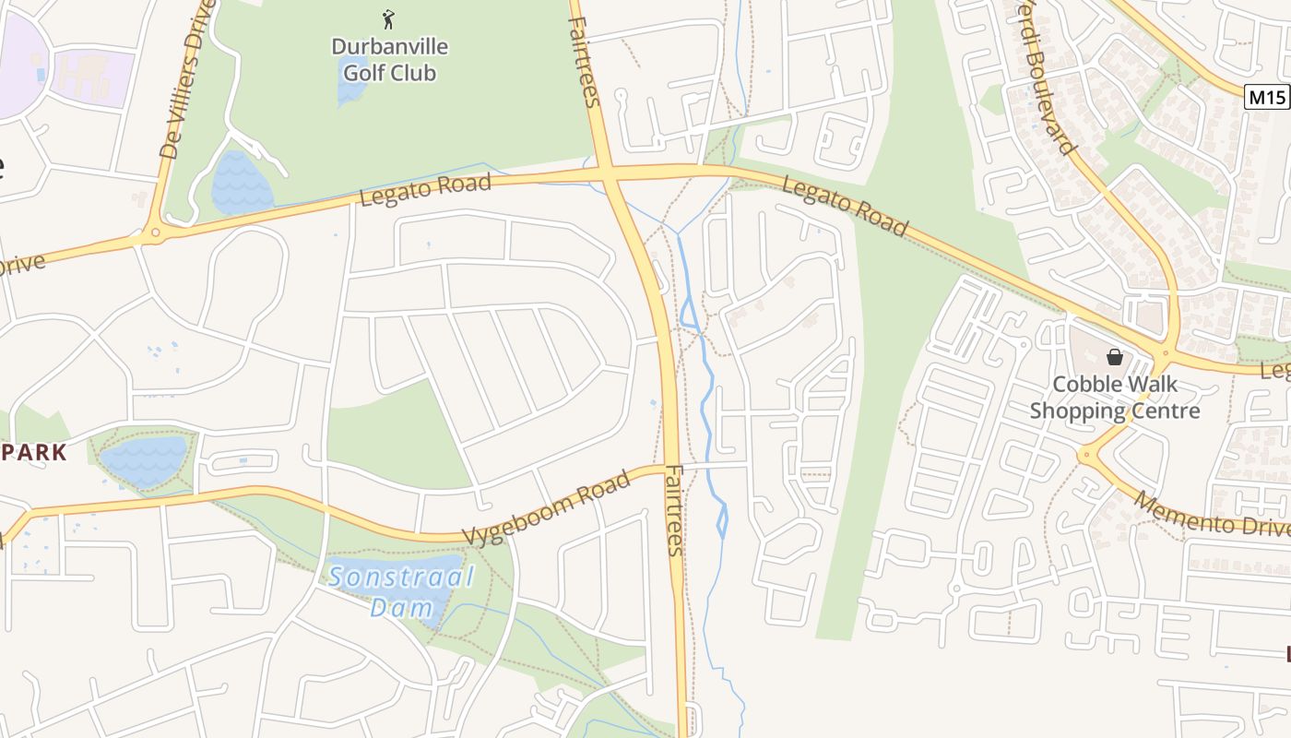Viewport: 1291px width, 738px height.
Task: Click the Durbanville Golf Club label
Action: tap(389, 59)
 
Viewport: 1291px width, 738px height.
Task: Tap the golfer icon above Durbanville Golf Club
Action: tap(388, 18)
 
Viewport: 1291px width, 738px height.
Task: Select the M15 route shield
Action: tap(1265, 97)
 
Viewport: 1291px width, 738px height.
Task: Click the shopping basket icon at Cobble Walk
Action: tap(1115, 357)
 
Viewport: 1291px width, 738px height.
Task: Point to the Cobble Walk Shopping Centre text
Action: tap(1115, 398)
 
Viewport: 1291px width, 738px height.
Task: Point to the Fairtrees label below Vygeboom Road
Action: tap(674, 509)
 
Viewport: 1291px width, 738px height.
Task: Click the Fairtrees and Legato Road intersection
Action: tap(609, 172)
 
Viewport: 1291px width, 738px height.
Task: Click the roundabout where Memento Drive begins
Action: tap(1087, 454)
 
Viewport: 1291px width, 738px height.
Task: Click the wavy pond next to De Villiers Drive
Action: tap(242, 183)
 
